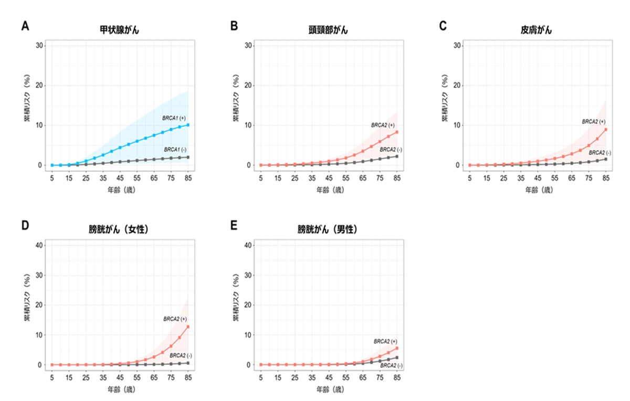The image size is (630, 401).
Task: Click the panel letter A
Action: coord(25,25)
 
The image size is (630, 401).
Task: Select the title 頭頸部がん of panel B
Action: coord(328,30)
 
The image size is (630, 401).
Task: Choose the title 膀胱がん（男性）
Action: coord(328,229)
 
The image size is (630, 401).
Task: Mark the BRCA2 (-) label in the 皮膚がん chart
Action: coord(598,152)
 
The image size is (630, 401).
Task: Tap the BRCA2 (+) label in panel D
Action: coord(175,319)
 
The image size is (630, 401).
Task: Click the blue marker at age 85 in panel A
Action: coord(188,125)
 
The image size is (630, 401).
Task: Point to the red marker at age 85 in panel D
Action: coord(188,327)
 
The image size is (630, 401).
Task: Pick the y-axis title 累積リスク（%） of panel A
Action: coord(27,105)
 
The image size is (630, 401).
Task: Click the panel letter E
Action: coord(234,225)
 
